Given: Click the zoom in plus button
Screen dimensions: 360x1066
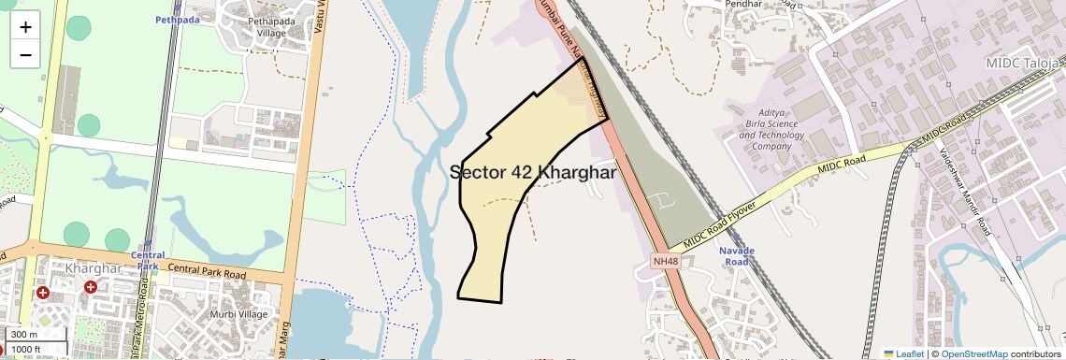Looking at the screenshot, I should point(25,26).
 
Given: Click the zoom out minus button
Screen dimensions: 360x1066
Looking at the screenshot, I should point(25,54).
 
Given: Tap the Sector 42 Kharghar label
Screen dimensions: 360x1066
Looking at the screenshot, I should point(532,173).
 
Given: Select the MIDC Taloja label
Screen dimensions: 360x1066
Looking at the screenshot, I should point(1025,63).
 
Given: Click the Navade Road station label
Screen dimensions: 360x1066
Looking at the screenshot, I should point(736,256).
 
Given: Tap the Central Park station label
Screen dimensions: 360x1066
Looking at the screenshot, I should point(148,260).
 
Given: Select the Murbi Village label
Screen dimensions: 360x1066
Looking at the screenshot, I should point(238,314).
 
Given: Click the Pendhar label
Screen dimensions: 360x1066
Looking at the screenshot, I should point(766,4).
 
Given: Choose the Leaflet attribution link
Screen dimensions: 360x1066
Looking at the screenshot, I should point(903,353).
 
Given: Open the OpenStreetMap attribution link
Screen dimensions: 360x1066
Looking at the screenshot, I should point(974,353).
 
